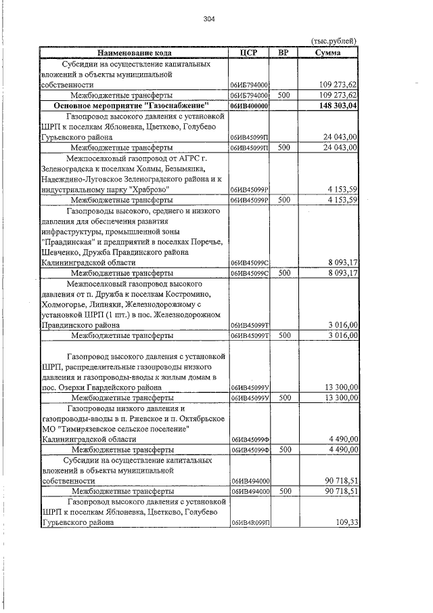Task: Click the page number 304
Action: pos(208,19)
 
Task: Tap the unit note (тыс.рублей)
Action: pos(333,41)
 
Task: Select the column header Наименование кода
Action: pos(134,52)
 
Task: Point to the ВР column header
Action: pos(283,52)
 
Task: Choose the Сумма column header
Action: pos(328,52)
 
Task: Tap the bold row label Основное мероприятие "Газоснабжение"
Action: pos(133,106)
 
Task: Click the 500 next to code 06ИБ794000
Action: pos(283,96)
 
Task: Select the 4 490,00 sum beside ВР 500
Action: pos(339,449)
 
